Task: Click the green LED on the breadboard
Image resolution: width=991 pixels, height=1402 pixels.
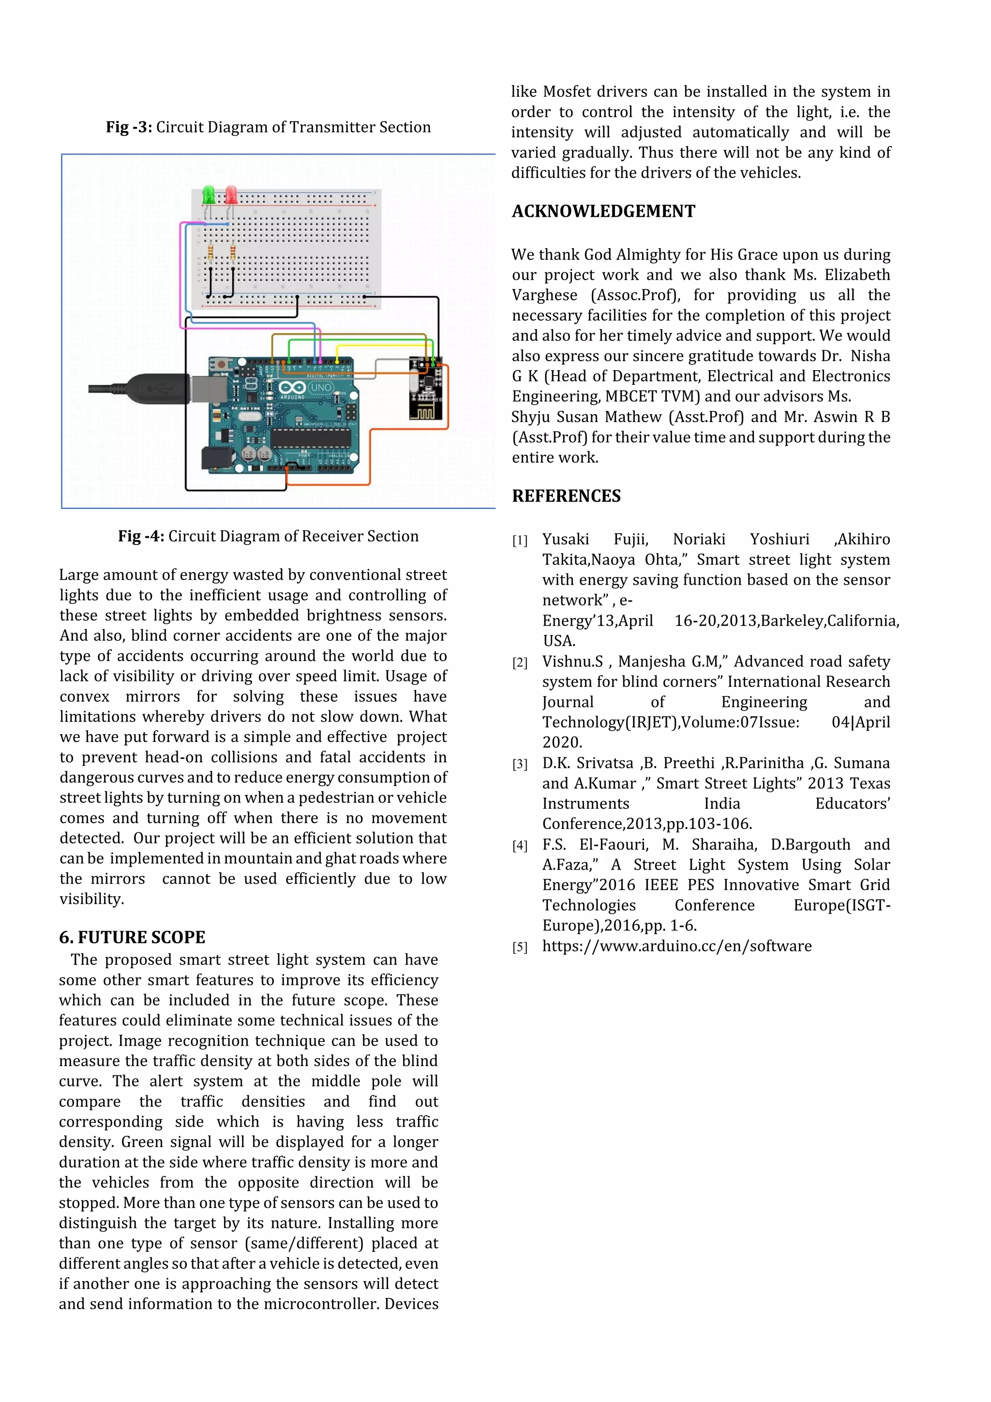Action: tap(209, 195)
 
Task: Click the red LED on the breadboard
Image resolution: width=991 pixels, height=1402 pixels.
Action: tap(231, 195)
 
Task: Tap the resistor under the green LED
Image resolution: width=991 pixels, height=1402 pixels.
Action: tap(210, 251)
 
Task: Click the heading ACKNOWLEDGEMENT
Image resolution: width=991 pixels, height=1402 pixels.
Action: tap(603, 211)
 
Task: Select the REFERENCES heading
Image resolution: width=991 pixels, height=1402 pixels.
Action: tap(566, 496)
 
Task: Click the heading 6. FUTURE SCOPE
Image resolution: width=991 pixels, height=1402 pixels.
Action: tap(132, 937)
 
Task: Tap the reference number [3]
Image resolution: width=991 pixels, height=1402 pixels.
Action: tap(520, 764)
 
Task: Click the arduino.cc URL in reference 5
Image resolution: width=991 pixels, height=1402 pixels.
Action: tap(676, 946)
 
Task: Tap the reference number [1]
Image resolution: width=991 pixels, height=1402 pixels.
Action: tap(520, 541)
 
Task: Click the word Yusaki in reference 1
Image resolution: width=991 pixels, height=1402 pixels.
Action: tap(565, 539)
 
